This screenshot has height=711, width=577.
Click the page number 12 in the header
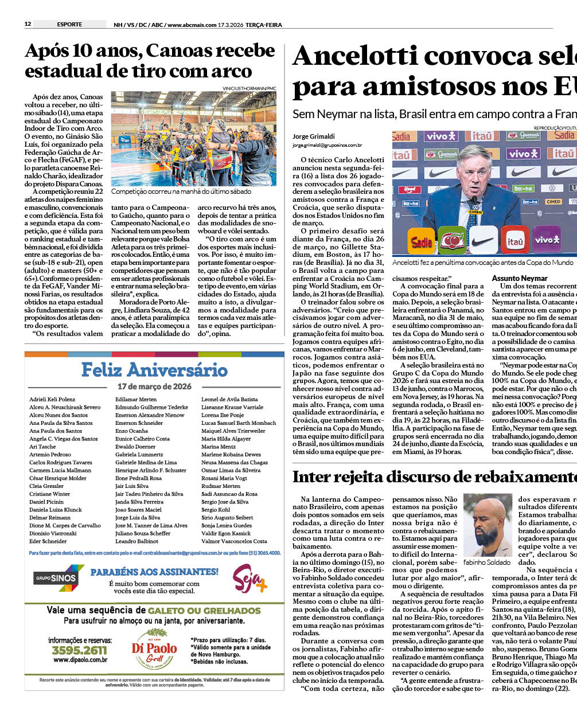click(28, 24)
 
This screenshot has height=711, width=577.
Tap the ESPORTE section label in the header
click(69, 24)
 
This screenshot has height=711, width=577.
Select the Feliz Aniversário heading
click(154, 370)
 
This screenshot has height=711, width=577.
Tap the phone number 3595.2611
click(80, 650)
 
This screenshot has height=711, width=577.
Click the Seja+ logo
click(250, 579)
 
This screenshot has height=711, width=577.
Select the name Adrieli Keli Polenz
click(52, 399)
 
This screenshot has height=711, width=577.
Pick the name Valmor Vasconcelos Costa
click(234, 541)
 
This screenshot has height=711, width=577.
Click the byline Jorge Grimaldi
click(313, 136)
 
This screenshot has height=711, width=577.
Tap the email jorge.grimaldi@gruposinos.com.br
click(327, 146)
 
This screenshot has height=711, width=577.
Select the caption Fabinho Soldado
click(487, 562)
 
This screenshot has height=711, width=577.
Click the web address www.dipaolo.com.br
click(80, 660)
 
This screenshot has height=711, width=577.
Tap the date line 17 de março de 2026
click(154, 386)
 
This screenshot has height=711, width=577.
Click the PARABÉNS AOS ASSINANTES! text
click(154, 572)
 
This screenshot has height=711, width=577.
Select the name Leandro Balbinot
click(137, 541)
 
